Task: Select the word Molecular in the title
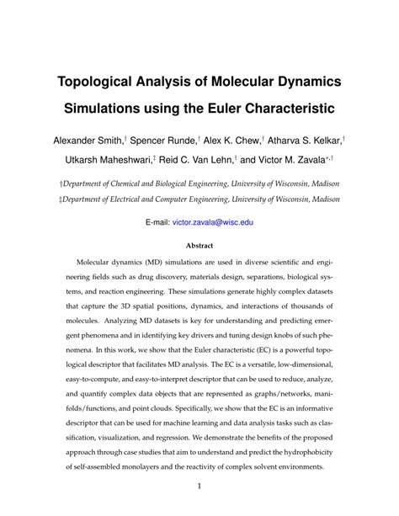tap(233, 82)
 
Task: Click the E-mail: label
tap(157, 222)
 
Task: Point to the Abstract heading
tap(199, 247)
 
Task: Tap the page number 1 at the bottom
tap(199, 486)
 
